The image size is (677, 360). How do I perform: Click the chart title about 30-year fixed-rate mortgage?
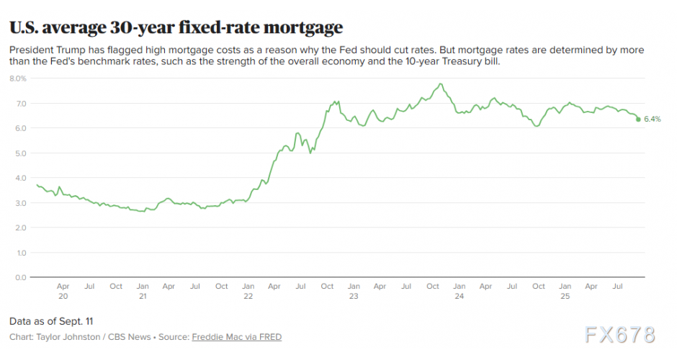coord(176,27)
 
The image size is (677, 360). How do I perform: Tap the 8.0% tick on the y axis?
coord(18,78)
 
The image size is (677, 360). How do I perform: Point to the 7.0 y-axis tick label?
coord(21,104)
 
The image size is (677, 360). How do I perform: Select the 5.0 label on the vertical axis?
coord(21,153)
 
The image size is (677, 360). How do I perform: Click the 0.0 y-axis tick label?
coord(21,278)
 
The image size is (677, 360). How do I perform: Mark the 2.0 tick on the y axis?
coord(21,228)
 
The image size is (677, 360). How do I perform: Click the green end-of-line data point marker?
coord(638,120)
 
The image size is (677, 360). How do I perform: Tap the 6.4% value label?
coord(652,120)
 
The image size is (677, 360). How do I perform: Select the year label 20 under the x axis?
coord(63,296)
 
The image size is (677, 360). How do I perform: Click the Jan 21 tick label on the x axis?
coord(143,291)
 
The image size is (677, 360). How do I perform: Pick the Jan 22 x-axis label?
coord(248,291)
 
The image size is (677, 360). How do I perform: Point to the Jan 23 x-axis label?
coord(354,291)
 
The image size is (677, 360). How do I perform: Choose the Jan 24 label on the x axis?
coord(459,291)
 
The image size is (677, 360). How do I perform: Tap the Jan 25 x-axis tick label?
coord(565,291)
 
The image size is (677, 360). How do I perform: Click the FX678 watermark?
coord(621,335)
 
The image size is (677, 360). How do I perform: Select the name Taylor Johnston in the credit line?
coord(59,337)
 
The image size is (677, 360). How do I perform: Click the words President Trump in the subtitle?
coord(45,50)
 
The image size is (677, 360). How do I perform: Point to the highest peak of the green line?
coord(439,84)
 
